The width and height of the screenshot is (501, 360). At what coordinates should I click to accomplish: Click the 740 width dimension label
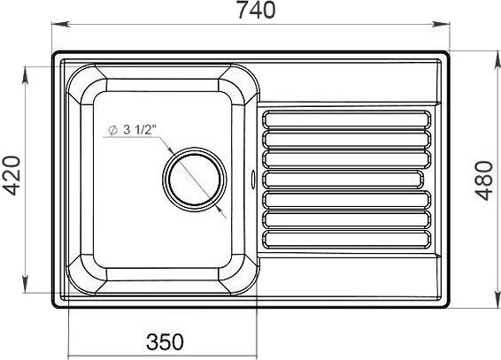(256, 10)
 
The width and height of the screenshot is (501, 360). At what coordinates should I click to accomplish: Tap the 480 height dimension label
(484, 180)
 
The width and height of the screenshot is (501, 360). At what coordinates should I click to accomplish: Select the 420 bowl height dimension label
(13, 175)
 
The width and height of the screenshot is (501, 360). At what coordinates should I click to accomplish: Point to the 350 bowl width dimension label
(165, 341)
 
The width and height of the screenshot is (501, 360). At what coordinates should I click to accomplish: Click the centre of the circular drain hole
(195, 180)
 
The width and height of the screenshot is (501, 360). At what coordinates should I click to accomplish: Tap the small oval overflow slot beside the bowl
(253, 178)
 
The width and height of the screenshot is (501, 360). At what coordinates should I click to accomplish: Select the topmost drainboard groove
(347, 119)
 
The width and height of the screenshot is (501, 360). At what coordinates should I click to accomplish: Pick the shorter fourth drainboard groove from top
(343, 180)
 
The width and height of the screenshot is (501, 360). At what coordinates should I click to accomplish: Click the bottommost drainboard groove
(347, 240)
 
